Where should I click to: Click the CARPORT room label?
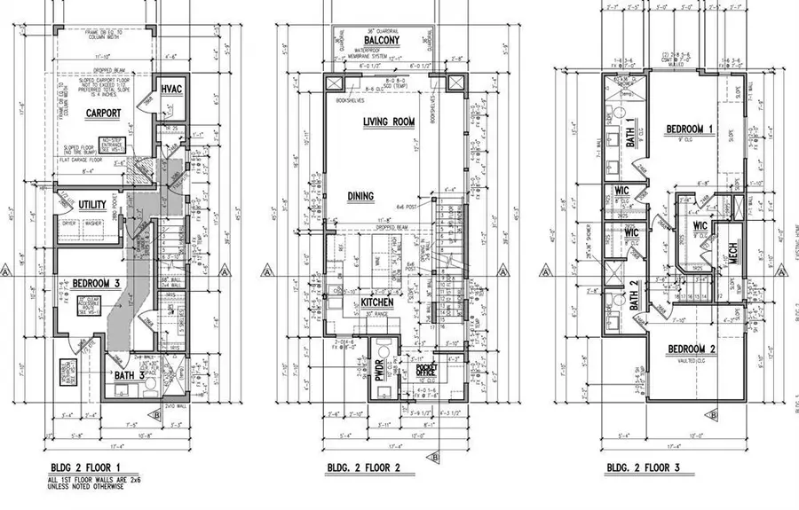pos(104,114)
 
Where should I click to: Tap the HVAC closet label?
pos(170,90)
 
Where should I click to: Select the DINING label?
pos(360,197)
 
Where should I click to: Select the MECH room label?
pos(733,254)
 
